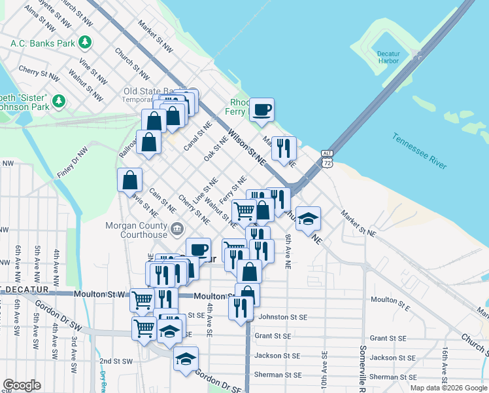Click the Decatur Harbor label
(392, 57)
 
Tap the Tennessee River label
(420, 151)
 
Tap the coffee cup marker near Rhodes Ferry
(262, 109)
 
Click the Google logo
(22, 385)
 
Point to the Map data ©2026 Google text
(449, 388)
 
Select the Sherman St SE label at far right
(392, 377)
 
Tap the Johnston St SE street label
(283, 317)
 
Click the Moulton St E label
(390, 299)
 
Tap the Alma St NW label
(39, 20)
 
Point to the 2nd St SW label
(116, 361)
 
